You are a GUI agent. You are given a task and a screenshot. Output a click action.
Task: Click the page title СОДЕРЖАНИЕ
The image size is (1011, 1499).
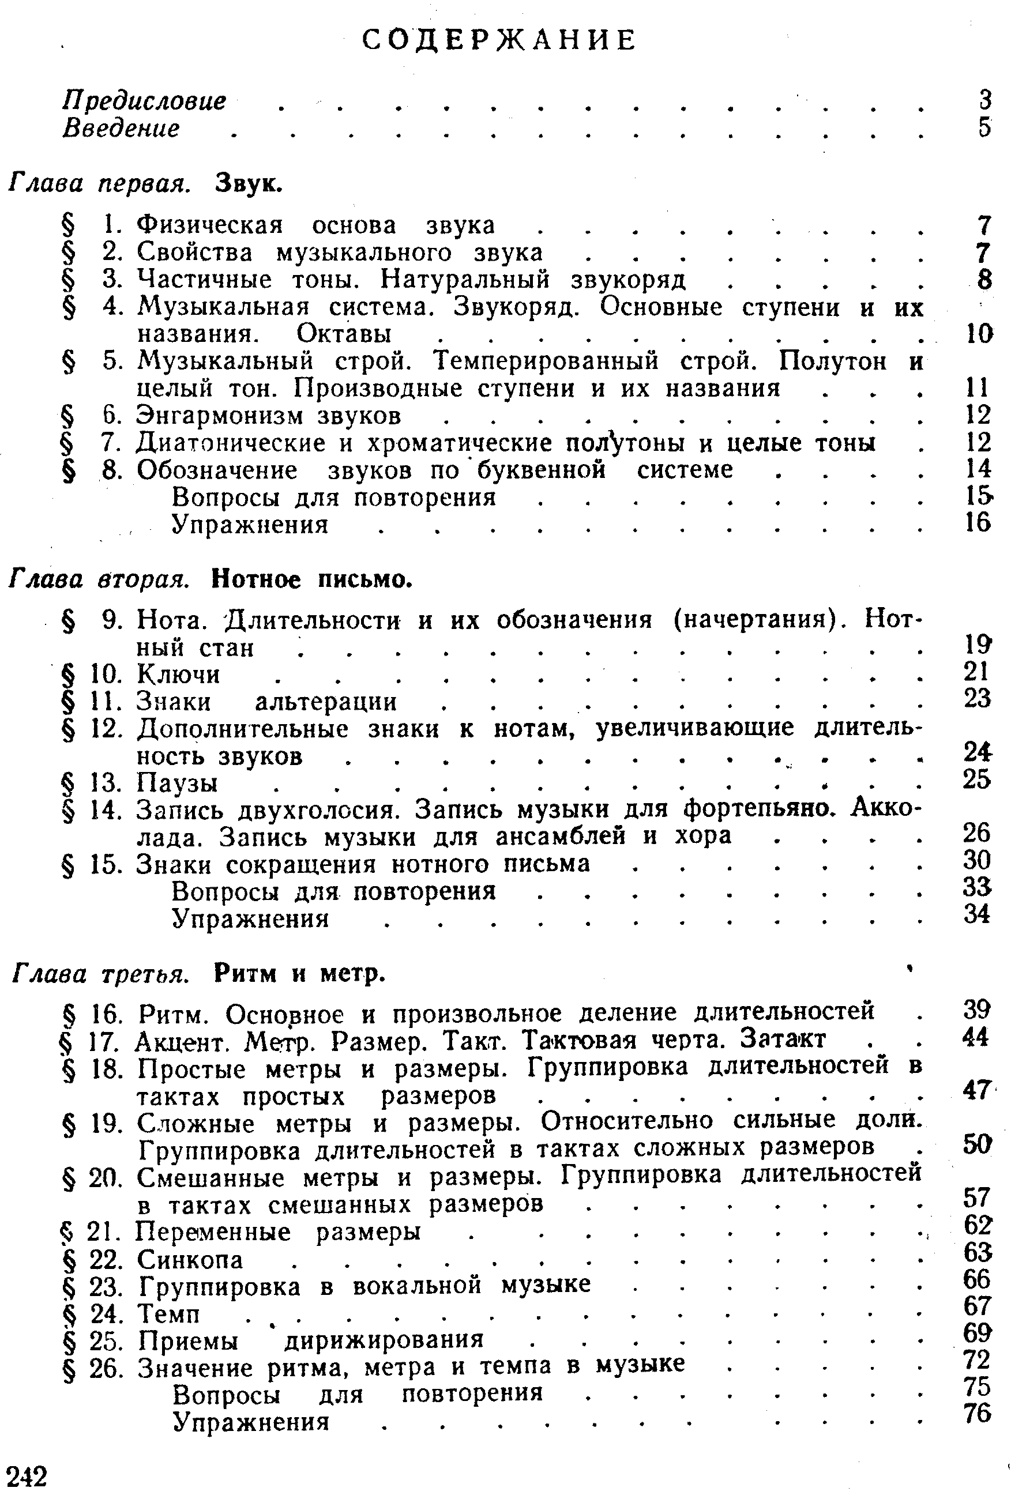499,40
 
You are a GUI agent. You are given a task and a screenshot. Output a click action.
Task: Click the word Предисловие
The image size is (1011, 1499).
144,101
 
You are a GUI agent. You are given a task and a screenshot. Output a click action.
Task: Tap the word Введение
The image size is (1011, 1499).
121,128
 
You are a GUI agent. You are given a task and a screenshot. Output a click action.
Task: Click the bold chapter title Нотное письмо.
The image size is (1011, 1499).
311,580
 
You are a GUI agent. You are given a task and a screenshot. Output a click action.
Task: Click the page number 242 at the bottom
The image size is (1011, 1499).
27,1476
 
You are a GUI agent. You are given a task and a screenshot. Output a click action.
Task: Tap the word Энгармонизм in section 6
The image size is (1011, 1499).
219,416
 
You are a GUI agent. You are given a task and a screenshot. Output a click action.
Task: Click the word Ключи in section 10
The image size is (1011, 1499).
179,675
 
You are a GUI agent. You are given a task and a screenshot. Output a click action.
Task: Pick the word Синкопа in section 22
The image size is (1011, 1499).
190,1259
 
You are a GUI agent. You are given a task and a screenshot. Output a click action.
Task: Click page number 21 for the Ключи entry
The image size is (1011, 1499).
977,672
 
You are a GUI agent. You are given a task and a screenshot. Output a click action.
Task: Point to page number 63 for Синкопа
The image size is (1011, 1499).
977,1252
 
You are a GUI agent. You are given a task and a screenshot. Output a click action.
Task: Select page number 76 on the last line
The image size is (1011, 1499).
977,1413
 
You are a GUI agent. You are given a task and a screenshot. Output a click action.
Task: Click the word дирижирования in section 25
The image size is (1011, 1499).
384,1340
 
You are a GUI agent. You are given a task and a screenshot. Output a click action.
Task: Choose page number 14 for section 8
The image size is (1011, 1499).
978,469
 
